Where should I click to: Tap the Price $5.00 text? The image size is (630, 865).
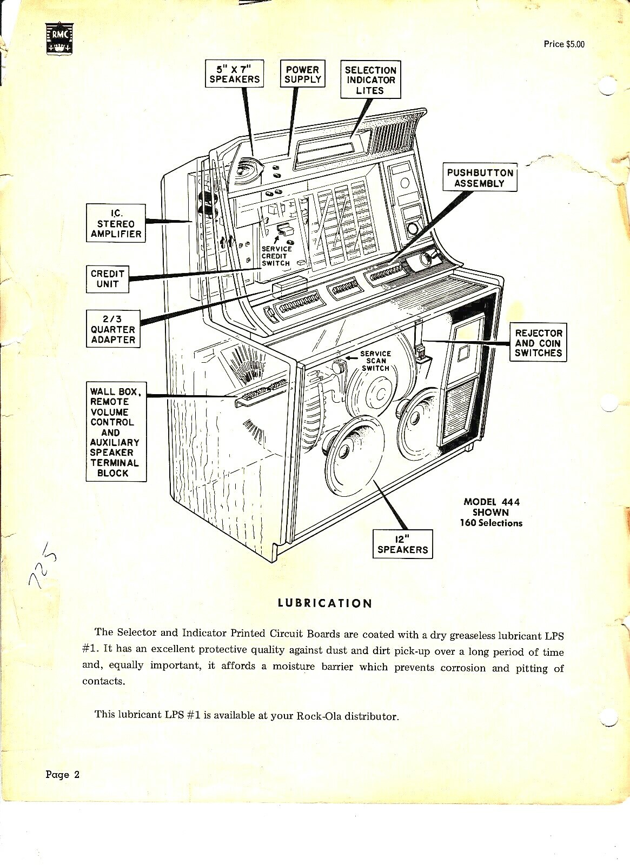563,44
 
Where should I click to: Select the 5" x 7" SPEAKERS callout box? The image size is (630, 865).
235,74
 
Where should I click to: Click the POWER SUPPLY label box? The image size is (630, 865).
303,74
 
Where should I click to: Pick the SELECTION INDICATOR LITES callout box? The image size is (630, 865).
370,80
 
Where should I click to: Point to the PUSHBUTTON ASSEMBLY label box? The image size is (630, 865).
480,178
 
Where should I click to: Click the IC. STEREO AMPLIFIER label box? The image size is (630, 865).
116,223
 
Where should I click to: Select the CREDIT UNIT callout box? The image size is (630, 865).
108,278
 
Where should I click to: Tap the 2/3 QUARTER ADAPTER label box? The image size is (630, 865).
112,329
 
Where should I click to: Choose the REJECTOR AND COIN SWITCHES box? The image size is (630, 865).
538,343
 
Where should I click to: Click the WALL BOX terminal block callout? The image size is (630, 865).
115,432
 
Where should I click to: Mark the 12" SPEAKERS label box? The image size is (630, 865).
402,544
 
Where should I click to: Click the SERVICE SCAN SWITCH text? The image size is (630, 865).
375,361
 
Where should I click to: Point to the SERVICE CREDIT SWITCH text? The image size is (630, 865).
276,256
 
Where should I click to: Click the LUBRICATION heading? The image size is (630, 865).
325,603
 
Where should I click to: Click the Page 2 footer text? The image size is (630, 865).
63,775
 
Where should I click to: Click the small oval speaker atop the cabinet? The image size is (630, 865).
246,170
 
